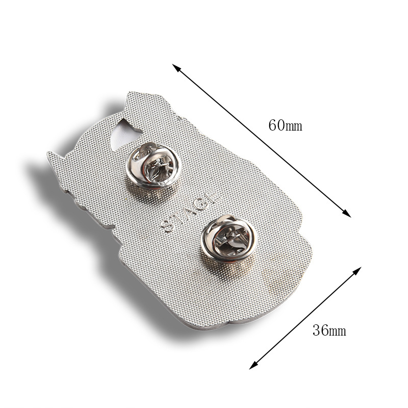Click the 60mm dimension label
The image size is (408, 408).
coord(285,125)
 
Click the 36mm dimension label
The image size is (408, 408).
coord(329,330)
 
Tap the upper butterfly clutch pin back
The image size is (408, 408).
coord(153,165)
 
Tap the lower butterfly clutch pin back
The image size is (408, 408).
coord(228,238)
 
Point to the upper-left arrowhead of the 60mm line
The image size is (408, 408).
coord(176,68)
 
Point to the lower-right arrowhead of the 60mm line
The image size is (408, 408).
coord(347,213)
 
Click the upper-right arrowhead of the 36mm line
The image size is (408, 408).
coord(356,271)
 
